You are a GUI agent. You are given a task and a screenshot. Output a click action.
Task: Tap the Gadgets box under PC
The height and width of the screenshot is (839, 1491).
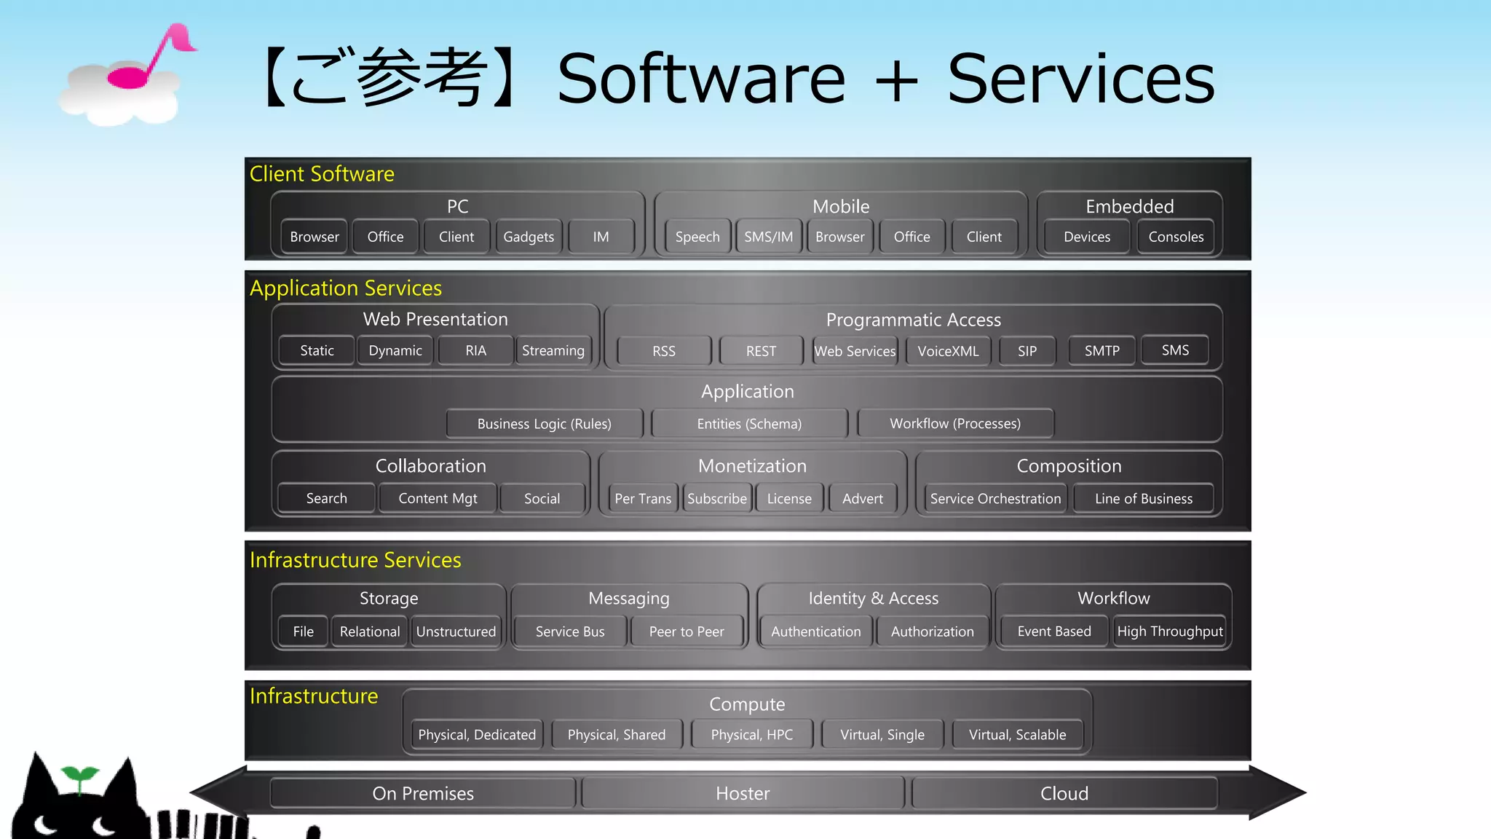[x=529, y=237]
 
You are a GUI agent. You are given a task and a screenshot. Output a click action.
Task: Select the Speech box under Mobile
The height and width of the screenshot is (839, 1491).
[x=697, y=237]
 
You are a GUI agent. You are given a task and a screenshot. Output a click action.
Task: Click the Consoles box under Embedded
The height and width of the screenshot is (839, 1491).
[x=1176, y=237]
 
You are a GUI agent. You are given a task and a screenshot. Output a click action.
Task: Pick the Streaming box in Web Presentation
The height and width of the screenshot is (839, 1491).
[x=553, y=350]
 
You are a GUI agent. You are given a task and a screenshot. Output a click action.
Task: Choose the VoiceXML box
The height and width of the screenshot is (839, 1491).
[x=948, y=351]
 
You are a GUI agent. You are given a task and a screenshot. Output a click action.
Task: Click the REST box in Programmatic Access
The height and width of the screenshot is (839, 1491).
[x=761, y=351]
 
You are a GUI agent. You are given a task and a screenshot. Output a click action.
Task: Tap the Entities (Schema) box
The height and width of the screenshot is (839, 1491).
[x=749, y=424]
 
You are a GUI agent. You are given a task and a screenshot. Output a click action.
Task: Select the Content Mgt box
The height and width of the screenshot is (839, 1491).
[x=438, y=499]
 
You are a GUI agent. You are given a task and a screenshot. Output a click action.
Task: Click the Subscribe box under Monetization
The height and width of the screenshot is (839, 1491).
[x=717, y=499]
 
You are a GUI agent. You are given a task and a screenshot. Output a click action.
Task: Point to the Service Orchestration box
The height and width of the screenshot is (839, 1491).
[x=995, y=499]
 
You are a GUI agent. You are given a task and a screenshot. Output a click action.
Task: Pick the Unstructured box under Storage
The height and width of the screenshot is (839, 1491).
[x=456, y=631]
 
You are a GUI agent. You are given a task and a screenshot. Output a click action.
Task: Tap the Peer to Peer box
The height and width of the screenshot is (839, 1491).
[x=687, y=631]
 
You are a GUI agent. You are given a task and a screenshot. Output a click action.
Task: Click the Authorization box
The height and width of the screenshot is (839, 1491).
[x=932, y=631]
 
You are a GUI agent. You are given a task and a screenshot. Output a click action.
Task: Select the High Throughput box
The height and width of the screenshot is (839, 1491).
[x=1170, y=631]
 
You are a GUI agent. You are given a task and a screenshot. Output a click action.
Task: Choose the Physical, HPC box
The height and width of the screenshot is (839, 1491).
[x=751, y=735]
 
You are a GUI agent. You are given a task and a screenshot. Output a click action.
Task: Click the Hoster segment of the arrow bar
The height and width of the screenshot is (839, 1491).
[x=743, y=793]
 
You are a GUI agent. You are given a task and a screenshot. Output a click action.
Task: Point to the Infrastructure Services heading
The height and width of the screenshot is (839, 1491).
[x=355, y=559]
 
